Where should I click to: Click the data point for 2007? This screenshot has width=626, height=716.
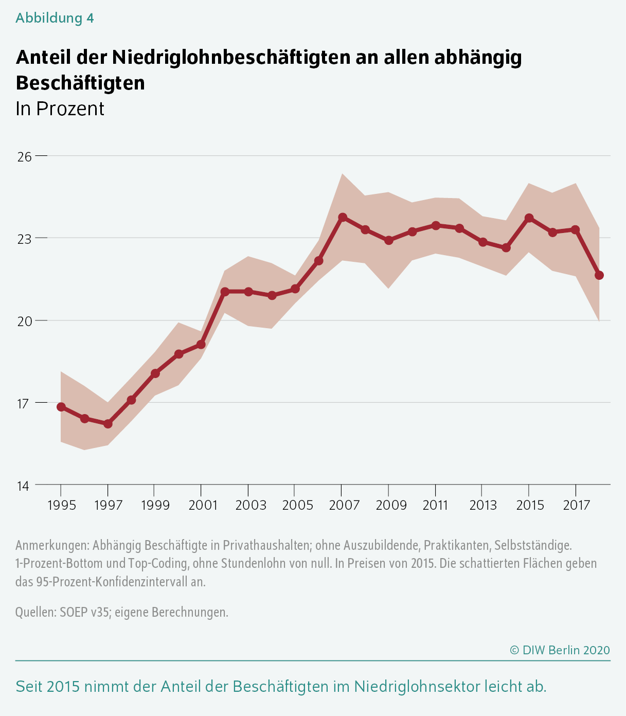pos(342,218)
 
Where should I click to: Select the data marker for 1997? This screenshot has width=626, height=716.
pos(108,424)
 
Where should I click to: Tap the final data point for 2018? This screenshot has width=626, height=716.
pos(599,275)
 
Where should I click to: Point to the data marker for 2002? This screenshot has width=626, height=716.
pos(225,292)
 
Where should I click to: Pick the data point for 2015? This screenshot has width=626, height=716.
pos(529,218)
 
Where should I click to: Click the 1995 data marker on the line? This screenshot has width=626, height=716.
pos(61,407)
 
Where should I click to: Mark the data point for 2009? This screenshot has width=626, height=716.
pos(389,240)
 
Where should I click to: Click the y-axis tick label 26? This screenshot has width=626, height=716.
pos(25,156)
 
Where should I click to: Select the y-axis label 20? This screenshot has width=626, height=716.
pos(25,321)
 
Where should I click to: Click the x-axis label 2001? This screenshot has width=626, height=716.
pos(203,505)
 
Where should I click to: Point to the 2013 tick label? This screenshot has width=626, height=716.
pos(483,505)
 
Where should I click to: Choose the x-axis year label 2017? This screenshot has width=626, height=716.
pos(577,505)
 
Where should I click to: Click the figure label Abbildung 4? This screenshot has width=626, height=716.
pos(55,18)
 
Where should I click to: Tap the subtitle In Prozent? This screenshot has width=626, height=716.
pos(60,109)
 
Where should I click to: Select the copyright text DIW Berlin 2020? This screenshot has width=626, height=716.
pos(566,650)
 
